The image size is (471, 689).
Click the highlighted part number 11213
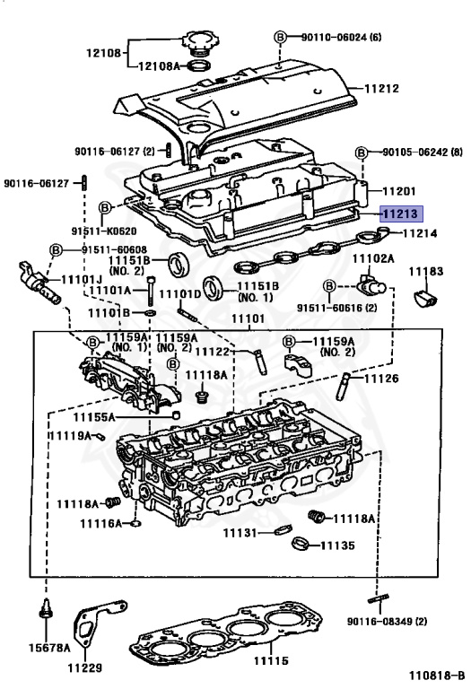point(401,214)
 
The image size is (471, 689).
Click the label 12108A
point(159,65)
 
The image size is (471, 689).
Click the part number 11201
point(400,190)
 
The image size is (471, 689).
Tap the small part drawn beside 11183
point(426,296)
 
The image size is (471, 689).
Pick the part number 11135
point(337,545)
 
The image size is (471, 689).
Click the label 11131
point(240,533)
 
